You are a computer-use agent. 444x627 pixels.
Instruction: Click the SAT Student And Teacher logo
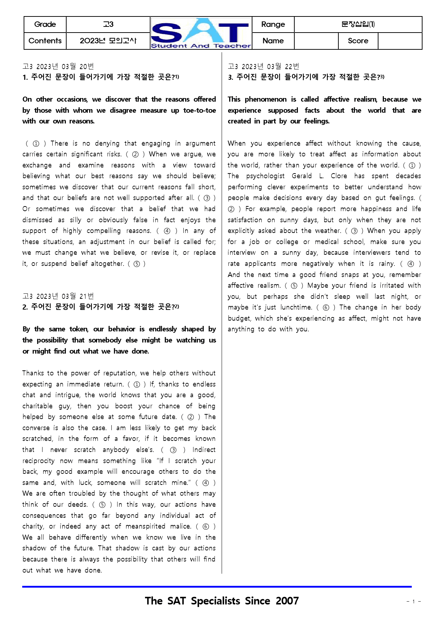[x=201, y=33]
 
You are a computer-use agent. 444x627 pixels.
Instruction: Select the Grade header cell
[x=45, y=24]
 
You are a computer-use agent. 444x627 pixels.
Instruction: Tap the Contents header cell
[x=45, y=41]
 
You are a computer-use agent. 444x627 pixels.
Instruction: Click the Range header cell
[x=273, y=24]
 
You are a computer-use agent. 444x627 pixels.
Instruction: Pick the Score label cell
[x=358, y=41]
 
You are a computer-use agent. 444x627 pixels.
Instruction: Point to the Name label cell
[x=273, y=41]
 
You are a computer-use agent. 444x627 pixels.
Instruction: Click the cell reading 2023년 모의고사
[x=108, y=41]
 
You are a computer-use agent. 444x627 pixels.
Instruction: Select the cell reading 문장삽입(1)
[x=358, y=24]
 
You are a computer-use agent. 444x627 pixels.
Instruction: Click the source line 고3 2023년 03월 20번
[x=58, y=67]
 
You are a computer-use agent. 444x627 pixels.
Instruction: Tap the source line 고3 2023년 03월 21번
[x=58, y=296]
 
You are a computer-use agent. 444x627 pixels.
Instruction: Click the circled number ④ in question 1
[x=167, y=231]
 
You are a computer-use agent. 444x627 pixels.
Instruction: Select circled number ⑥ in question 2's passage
[x=206, y=526]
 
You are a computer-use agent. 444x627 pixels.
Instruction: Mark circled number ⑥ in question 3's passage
[x=326, y=307]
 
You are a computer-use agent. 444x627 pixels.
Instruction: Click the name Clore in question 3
[x=339, y=176]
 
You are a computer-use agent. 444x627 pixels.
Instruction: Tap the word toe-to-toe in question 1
[x=199, y=111]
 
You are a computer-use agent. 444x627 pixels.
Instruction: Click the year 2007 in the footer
[x=287, y=601]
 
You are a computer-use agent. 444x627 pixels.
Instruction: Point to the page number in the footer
[x=414, y=602]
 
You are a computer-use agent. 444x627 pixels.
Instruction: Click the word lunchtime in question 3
[x=296, y=307]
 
